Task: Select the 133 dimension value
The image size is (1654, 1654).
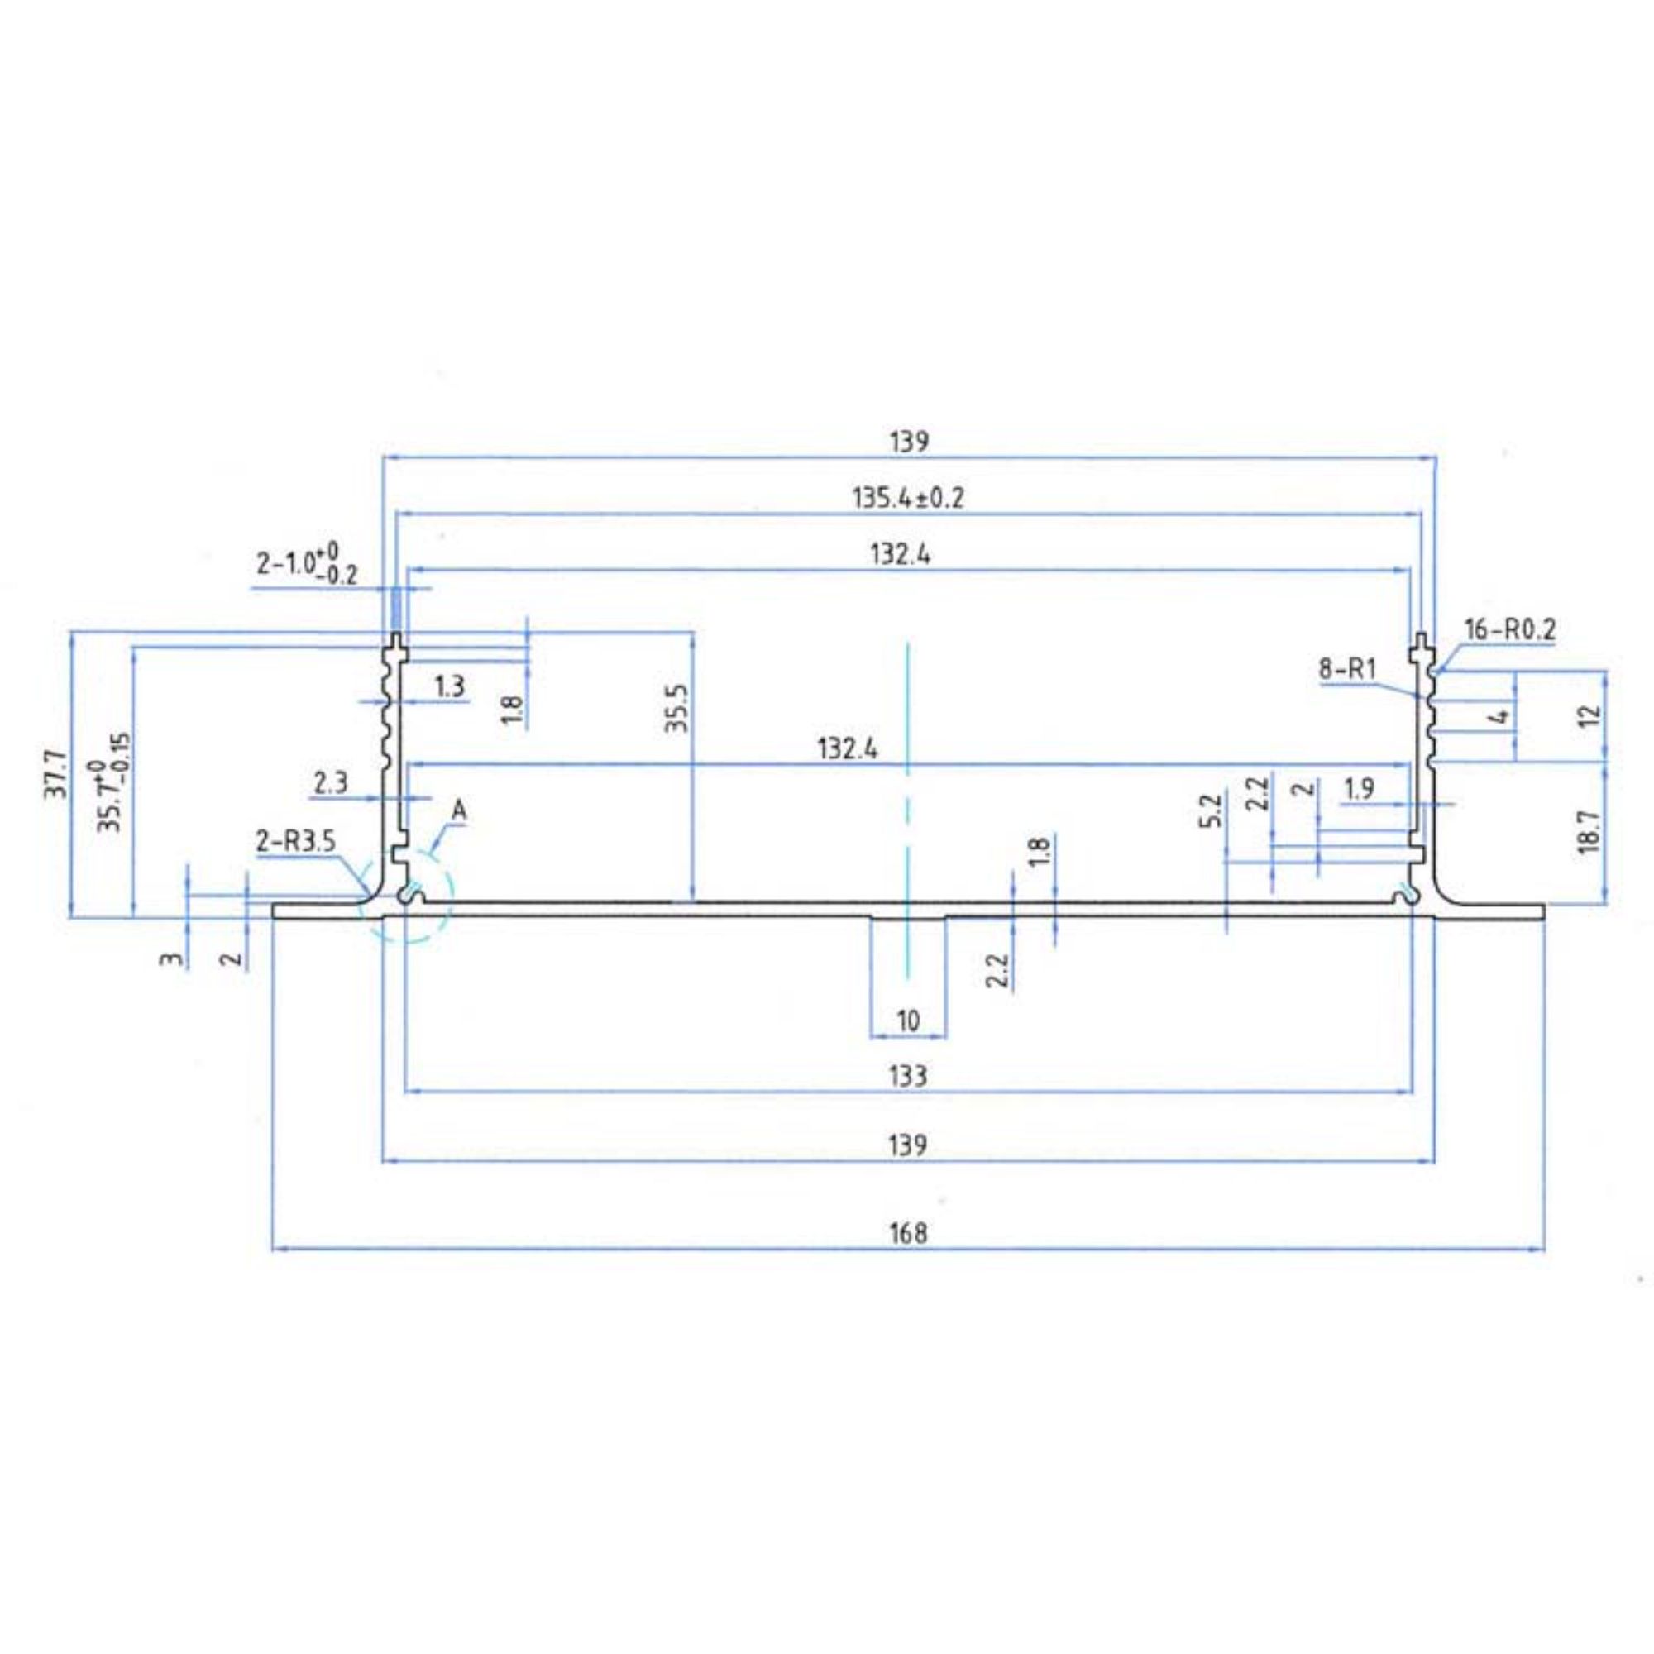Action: (x=908, y=1074)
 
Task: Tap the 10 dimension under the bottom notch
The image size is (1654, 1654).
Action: (x=908, y=1021)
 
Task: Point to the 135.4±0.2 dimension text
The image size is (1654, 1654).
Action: (x=908, y=497)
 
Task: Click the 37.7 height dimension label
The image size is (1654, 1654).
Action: (x=55, y=775)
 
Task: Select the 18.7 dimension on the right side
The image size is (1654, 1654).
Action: (x=1589, y=831)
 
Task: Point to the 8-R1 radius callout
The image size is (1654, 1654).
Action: (x=1346, y=668)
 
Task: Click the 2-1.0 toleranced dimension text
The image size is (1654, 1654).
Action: (x=308, y=564)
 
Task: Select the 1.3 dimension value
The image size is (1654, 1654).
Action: (x=449, y=685)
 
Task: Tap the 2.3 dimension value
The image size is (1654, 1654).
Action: (x=331, y=782)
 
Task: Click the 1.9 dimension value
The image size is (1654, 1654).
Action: (x=1360, y=787)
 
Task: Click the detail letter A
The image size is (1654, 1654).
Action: (x=460, y=810)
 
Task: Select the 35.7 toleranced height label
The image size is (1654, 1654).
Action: (x=113, y=782)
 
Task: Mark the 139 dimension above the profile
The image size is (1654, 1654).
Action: (x=908, y=442)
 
